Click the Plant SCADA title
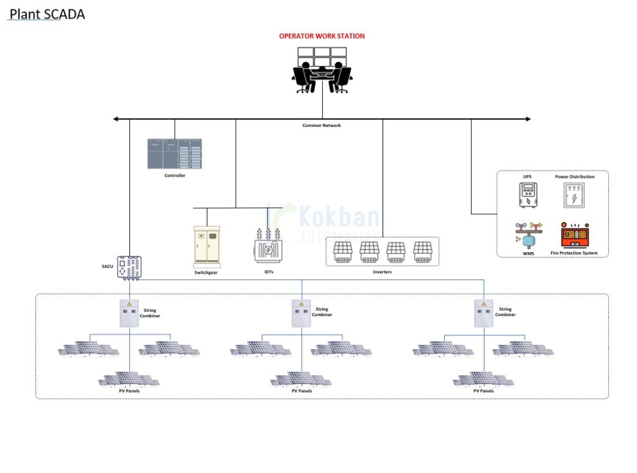(x=47, y=14)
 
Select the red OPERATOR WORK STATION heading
(x=322, y=36)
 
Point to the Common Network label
(x=322, y=126)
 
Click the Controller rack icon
(x=175, y=153)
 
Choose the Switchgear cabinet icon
(x=208, y=246)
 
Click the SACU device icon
(x=129, y=267)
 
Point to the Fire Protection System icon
(x=574, y=235)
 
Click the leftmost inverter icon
(x=343, y=251)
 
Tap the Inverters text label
(x=383, y=272)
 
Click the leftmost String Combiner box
(x=129, y=313)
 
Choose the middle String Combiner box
(x=302, y=313)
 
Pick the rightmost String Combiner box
(x=483, y=313)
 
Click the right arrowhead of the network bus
(x=528, y=119)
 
